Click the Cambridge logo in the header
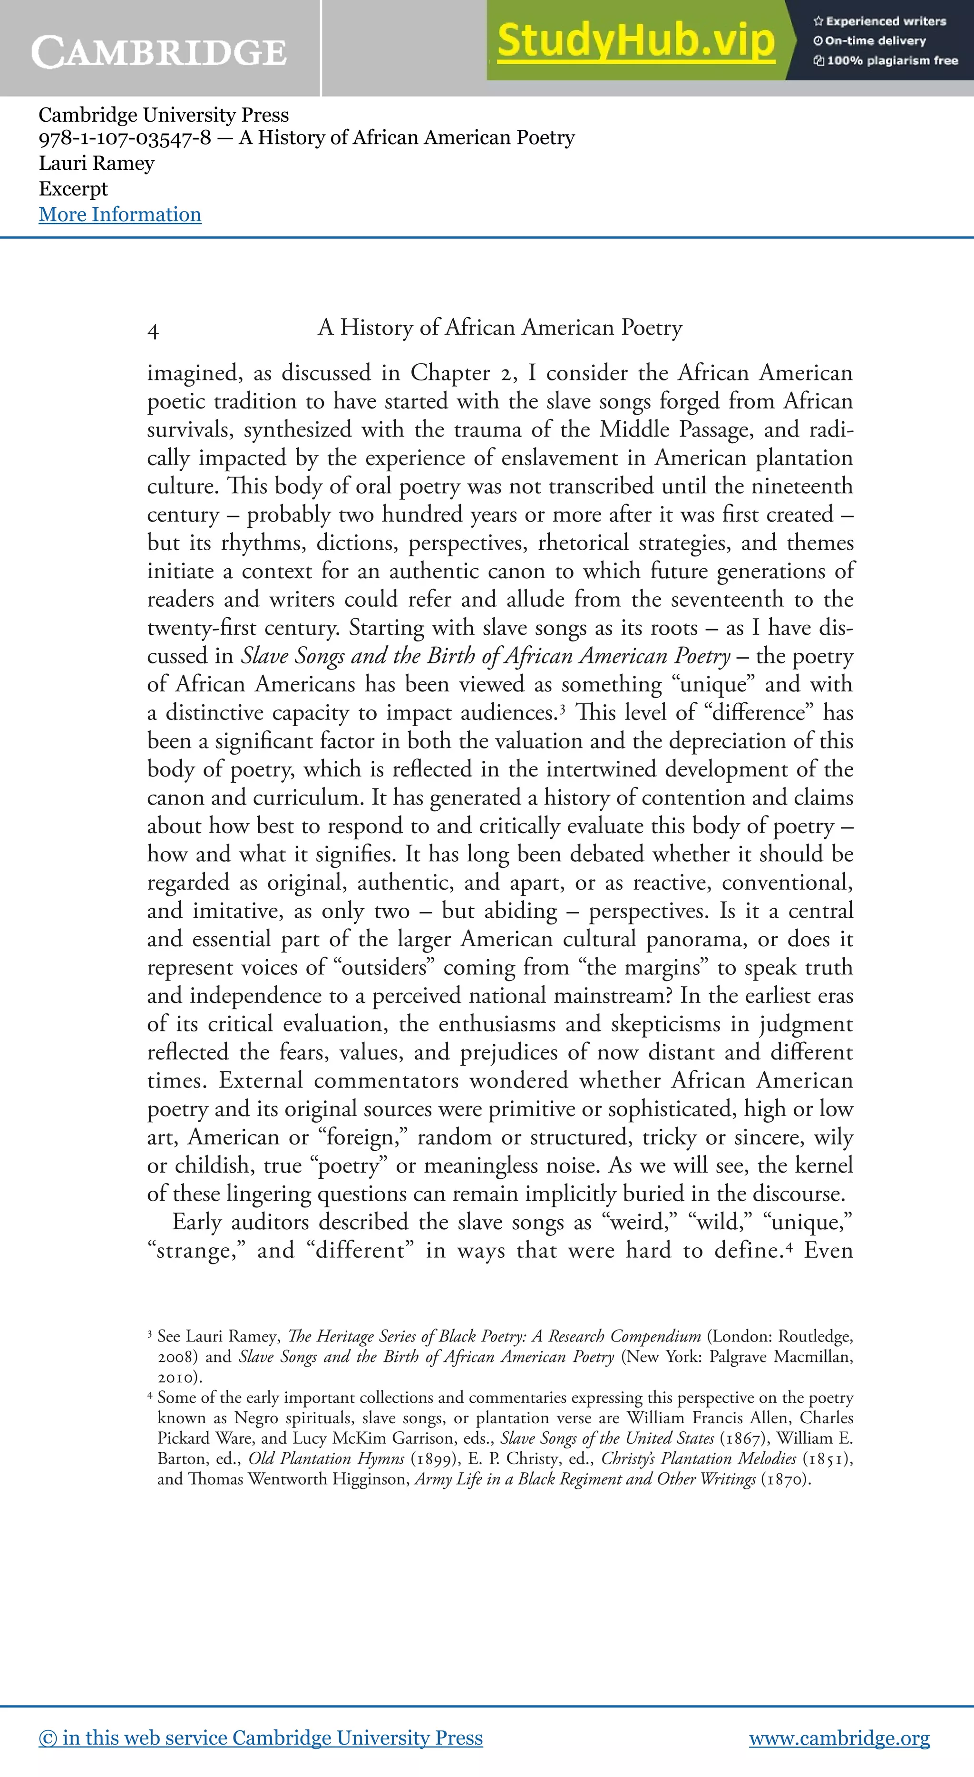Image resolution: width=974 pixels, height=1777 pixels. click(159, 52)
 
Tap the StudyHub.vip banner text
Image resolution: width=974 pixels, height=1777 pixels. click(635, 40)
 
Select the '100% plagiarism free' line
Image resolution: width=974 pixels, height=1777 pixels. click(886, 61)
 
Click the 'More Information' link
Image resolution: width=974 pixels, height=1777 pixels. click(120, 214)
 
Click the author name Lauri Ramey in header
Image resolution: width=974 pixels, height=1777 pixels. click(97, 164)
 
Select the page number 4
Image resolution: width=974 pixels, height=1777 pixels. click(153, 331)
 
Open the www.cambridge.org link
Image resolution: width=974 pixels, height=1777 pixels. click(839, 1738)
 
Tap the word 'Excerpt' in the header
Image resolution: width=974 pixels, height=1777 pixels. click(73, 189)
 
